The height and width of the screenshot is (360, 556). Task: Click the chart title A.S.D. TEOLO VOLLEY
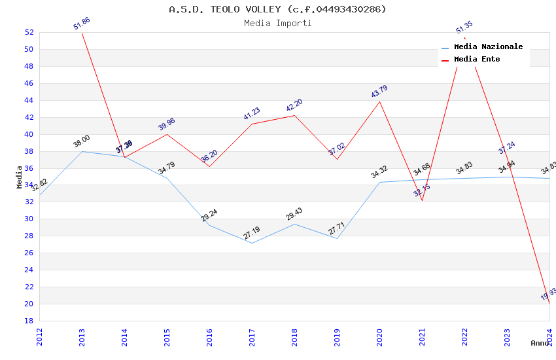pyautogui.click(x=277, y=9)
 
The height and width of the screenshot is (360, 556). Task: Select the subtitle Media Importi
pyautogui.click(x=277, y=23)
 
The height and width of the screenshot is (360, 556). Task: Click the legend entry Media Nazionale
pyautogui.click(x=488, y=46)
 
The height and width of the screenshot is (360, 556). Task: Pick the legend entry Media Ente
pyautogui.click(x=477, y=59)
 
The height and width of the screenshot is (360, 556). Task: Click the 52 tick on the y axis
pyautogui.click(x=29, y=32)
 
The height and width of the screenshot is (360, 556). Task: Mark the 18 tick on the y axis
pyautogui.click(x=29, y=321)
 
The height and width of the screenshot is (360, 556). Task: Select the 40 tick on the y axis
pyautogui.click(x=29, y=134)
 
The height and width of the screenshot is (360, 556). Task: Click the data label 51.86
pyautogui.click(x=82, y=24)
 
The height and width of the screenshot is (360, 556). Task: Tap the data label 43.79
pyautogui.click(x=379, y=92)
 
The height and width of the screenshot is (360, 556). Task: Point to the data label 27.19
pyautogui.click(x=252, y=233)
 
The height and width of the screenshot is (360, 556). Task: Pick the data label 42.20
pyautogui.click(x=294, y=105)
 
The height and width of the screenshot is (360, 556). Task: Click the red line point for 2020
pyautogui.click(x=380, y=101)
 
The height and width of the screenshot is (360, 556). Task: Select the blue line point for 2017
pyautogui.click(x=252, y=243)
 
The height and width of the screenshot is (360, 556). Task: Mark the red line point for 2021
pyautogui.click(x=423, y=200)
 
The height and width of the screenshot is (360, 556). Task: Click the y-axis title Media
pyautogui.click(x=20, y=177)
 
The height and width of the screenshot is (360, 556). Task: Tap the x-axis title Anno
pyautogui.click(x=540, y=343)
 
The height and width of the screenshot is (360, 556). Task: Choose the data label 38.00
pyautogui.click(x=82, y=141)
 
